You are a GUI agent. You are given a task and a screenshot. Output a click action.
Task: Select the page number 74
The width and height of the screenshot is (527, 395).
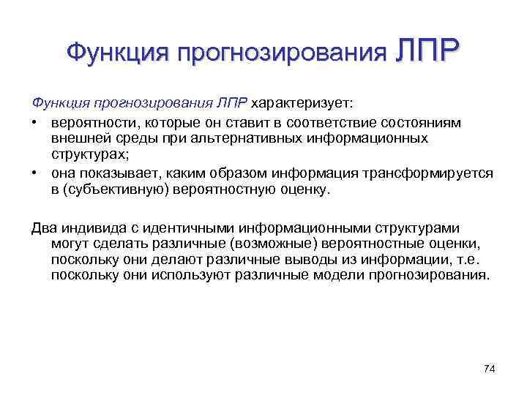tap(490, 367)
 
